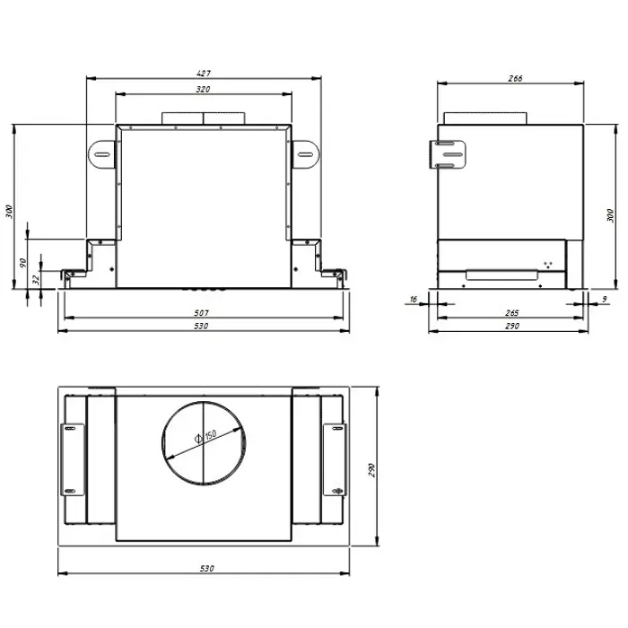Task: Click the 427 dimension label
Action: pos(204,74)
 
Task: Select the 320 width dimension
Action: pos(203,90)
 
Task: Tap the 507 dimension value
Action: pos(201,313)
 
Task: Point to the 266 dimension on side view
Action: pos(515,79)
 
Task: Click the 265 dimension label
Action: pos(512,313)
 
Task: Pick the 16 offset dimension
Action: pos(414,299)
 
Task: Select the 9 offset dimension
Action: pos(605,299)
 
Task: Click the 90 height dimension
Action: pos(22,263)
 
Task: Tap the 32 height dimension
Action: pos(36,279)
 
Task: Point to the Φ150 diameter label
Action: pos(205,436)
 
